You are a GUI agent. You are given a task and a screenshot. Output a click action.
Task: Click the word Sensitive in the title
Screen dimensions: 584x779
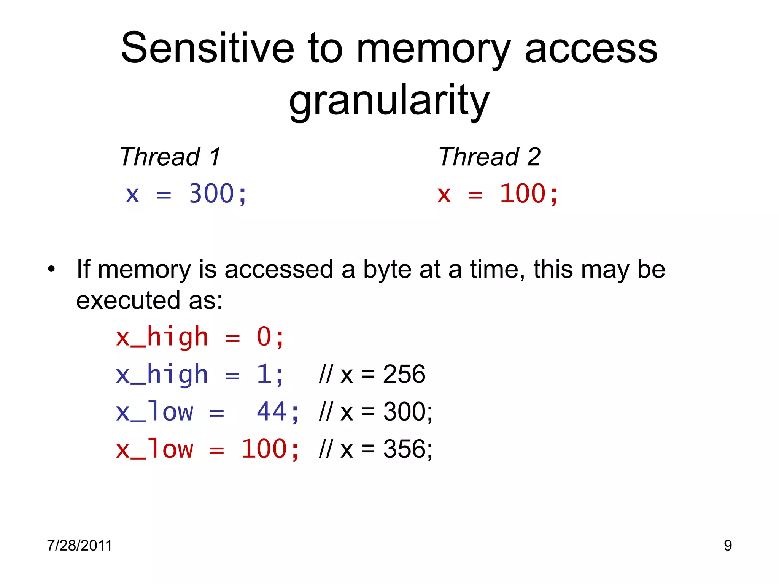pos(207,48)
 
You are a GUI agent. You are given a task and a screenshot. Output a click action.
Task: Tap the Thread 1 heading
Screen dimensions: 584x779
pos(170,157)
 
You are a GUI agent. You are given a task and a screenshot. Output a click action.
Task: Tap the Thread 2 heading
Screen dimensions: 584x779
pos(489,157)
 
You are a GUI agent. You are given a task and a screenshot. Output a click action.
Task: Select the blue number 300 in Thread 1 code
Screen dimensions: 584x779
pos(211,194)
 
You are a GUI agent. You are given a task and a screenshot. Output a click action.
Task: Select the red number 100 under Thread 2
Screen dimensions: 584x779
pos(523,194)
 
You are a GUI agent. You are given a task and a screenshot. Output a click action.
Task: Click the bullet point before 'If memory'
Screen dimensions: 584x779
pos(51,270)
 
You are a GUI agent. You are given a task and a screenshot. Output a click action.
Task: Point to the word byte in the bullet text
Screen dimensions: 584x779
pos(387,269)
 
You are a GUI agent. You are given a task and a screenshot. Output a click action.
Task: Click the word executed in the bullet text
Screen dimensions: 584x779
pos(128,300)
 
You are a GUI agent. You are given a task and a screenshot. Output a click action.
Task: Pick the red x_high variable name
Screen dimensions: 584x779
pos(162,337)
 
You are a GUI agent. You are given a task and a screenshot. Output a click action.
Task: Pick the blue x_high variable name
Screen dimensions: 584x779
pos(162,374)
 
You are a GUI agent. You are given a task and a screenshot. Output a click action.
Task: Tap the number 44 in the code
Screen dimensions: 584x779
pos(272,412)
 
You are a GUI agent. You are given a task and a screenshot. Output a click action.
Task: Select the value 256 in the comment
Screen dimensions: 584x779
pos(404,374)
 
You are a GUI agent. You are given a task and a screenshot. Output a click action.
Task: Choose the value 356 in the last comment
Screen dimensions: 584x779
pos(404,449)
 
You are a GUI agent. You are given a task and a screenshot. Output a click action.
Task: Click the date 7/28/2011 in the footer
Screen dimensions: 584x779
pos(79,545)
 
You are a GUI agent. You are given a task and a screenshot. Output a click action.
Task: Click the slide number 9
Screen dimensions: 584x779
pos(728,545)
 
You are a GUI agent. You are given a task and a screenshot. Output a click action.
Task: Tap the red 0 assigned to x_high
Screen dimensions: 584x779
pos(264,337)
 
